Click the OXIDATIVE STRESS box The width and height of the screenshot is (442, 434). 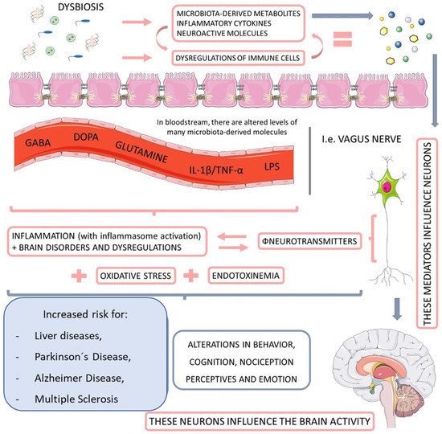137,276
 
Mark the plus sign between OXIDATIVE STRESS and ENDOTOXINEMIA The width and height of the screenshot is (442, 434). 192,275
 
